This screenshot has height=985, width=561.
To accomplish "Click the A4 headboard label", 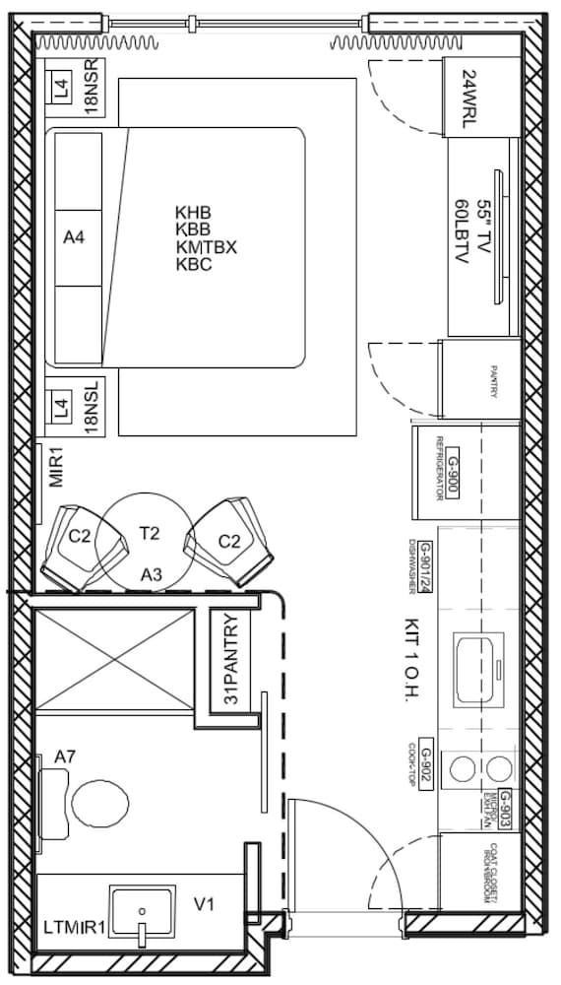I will [75, 237].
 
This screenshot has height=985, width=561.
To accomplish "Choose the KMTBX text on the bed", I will [206, 247].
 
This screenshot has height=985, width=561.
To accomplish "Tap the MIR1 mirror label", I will [55, 467].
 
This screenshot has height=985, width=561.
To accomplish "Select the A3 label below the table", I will [150, 574].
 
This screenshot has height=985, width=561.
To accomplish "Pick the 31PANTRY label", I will [230, 661].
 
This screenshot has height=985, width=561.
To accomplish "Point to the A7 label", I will [66, 756].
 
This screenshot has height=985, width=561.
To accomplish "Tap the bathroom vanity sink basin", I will [144, 912].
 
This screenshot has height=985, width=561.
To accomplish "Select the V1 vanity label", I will [205, 904].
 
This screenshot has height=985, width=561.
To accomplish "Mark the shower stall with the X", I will [114, 658].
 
